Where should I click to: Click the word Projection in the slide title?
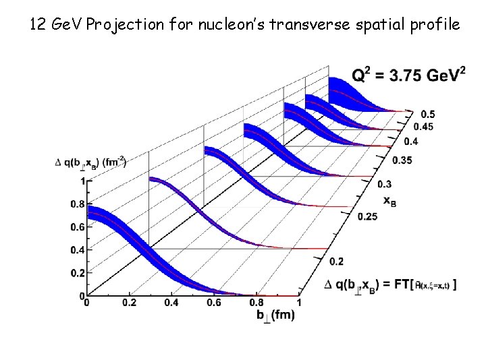coord(122,25)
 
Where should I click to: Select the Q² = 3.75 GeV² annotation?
coord(408,76)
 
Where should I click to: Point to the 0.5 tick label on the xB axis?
coord(427,114)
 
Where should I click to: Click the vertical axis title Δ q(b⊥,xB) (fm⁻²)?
coord(90,162)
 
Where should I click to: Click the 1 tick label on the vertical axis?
coord(82,181)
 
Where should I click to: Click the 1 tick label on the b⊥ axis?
coord(298,303)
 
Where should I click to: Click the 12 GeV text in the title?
coord(55,25)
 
